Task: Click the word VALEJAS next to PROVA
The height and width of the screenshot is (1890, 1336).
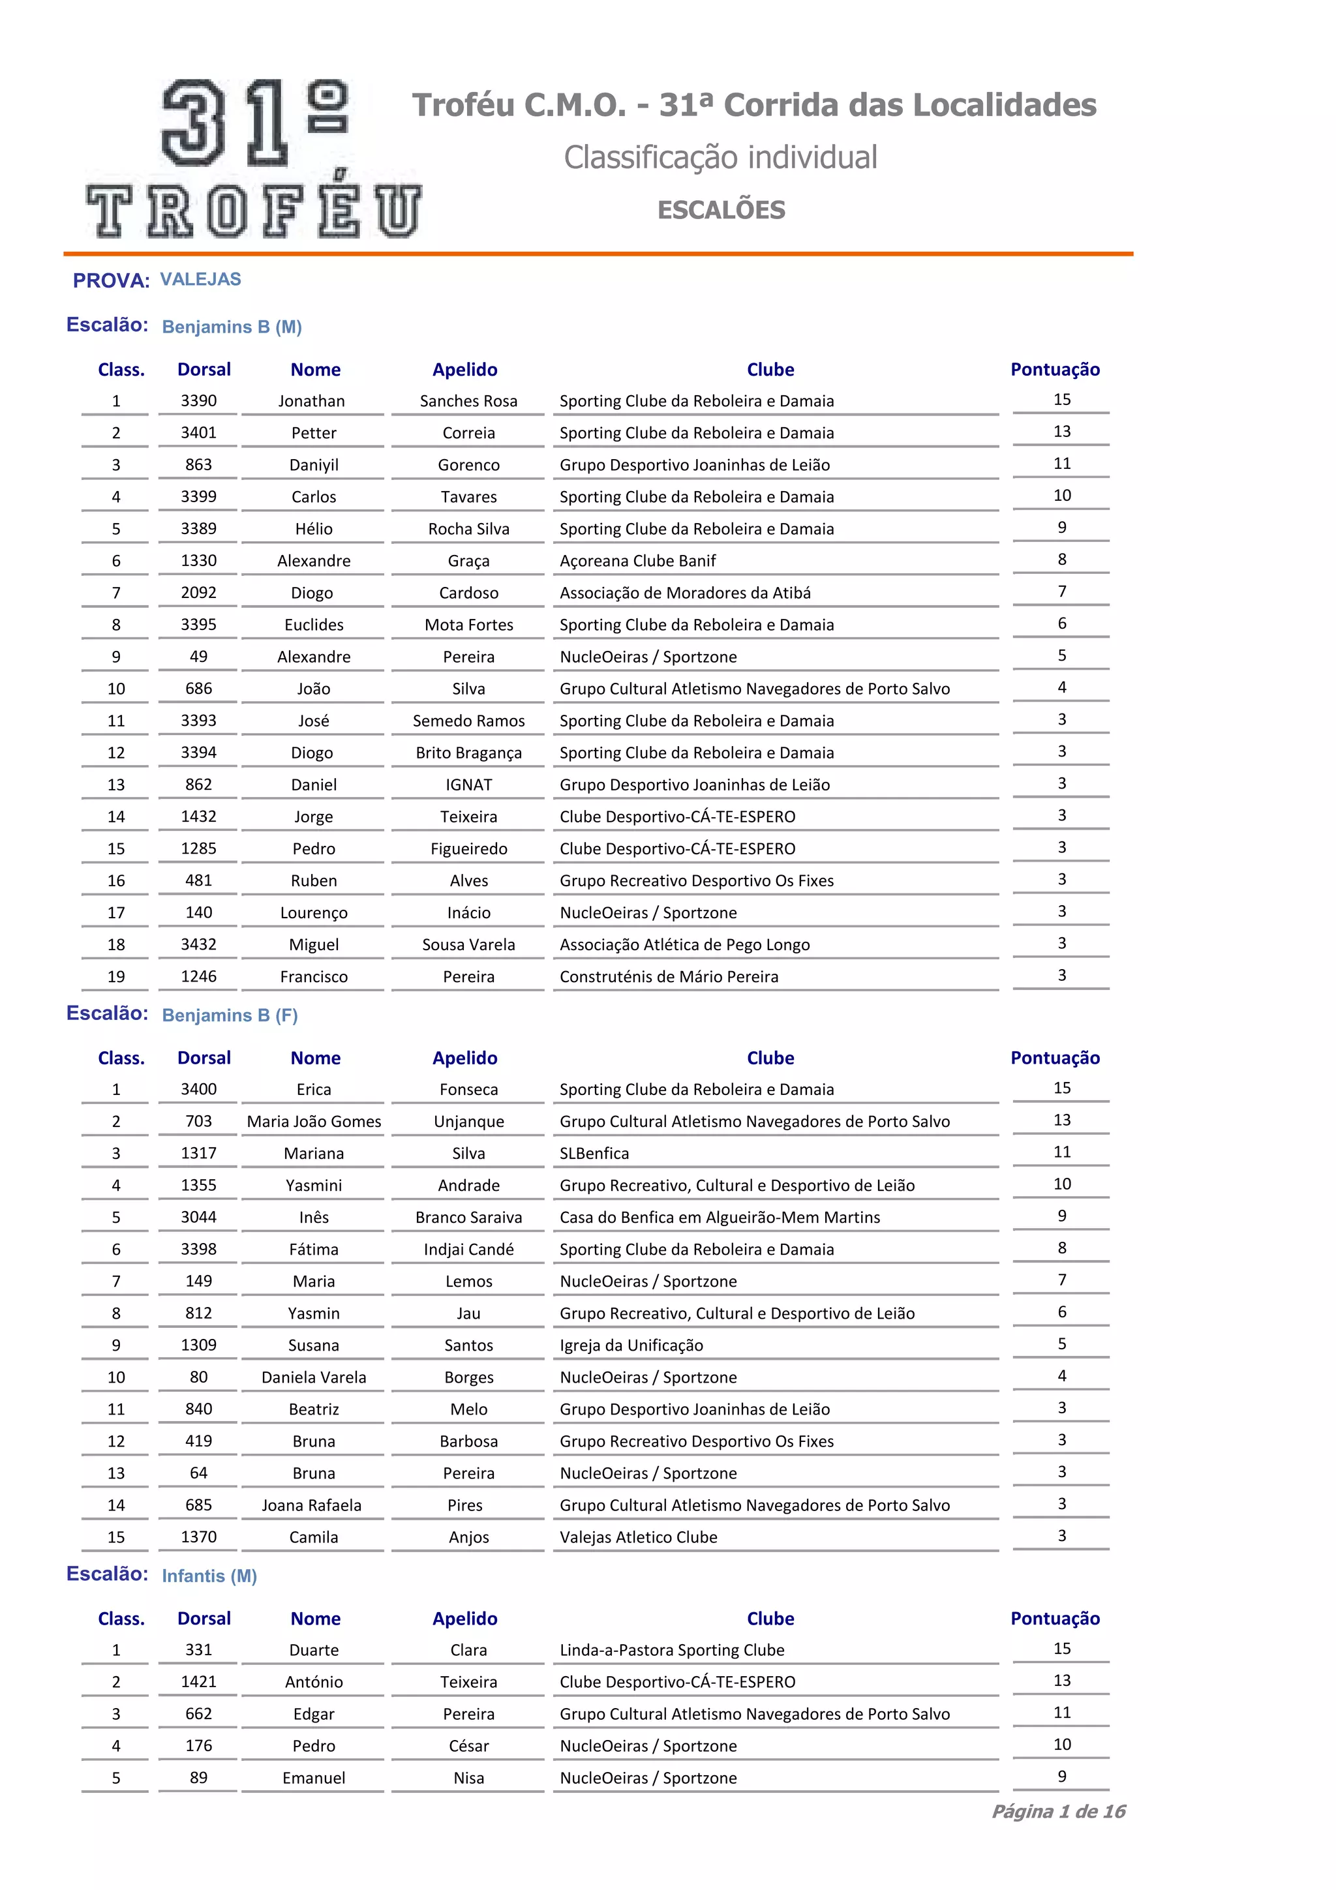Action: tap(200, 279)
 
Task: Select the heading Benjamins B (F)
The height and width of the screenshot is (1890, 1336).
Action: tap(230, 1015)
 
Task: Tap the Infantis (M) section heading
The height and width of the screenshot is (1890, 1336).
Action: tap(209, 1576)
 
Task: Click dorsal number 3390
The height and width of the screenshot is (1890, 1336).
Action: tap(198, 401)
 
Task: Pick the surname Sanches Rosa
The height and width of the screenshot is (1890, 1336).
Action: tap(468, 401)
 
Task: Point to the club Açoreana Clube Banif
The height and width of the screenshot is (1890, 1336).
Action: tap(637, 561)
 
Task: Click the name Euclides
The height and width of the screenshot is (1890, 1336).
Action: tap(314, 625)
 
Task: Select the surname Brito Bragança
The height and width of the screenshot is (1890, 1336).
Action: tap(468, 753)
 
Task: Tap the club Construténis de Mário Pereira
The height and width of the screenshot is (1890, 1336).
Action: tap(669, 976)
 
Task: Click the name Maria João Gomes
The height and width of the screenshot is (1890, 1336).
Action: tap(314, 1121)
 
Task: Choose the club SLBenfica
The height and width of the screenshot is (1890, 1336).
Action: tap(594, 1153)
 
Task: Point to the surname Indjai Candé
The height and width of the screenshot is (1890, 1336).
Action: tap(468, 1249)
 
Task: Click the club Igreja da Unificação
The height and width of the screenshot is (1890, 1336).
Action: tap(631, 1345)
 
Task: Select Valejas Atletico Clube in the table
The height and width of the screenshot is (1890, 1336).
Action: tap(638, 1537)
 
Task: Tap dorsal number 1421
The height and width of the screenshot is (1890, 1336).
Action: tap(198, 1682)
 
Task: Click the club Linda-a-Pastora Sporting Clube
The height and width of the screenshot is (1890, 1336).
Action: tap(672, 1649)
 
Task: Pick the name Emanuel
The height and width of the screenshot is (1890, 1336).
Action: tap(314, 1777)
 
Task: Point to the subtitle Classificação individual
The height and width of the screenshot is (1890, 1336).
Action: tap(720, 157)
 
